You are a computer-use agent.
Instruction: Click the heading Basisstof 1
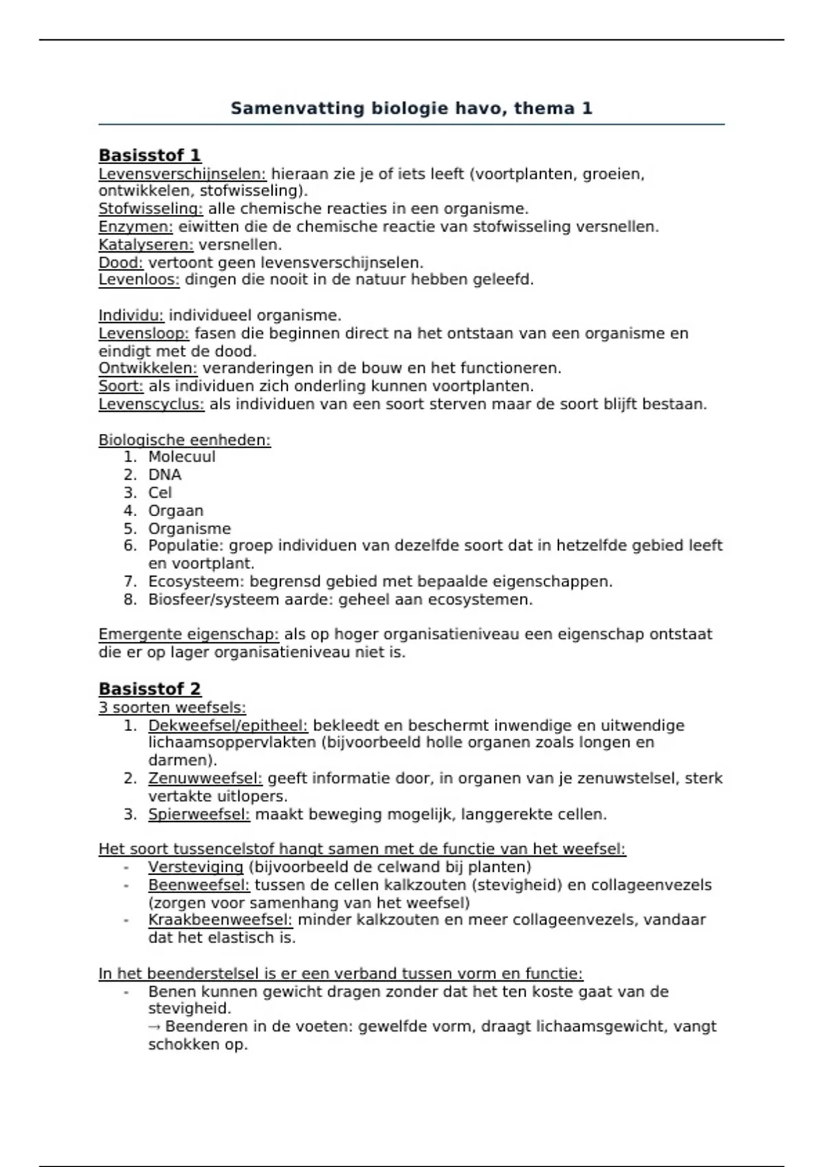(150, 155)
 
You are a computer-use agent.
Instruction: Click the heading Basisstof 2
(150, 689)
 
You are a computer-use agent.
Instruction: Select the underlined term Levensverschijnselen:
(182, 174)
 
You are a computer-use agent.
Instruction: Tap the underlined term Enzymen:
(135, 227)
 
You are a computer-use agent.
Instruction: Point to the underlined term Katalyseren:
(146, 245)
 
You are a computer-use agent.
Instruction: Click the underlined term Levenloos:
(139, 280)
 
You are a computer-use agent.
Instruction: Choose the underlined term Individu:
(131, 316)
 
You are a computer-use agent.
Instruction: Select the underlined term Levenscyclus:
(151, 404)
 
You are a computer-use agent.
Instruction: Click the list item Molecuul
(181, 457)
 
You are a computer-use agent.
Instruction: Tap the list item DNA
(165, 475)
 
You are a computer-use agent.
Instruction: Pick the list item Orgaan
(176, 511)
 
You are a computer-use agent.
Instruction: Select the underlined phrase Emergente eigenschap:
(188, 634)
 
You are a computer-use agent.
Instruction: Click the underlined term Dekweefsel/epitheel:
(228, 726)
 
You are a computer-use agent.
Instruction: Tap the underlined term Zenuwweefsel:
(205, 778)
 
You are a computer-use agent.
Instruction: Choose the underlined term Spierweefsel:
(198, 815)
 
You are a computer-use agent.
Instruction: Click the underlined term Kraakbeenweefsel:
(220, 920)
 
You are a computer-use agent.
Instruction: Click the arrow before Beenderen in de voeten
(154, 1027)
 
